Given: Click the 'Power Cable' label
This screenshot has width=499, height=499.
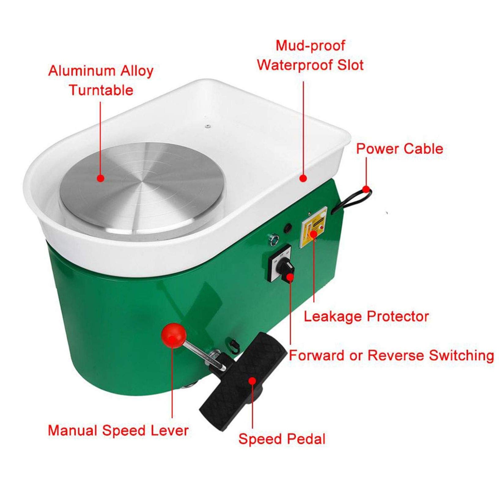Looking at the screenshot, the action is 400,149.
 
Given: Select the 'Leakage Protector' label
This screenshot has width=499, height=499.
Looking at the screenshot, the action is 366,316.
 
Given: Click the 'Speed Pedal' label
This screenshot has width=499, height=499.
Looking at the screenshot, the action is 282,439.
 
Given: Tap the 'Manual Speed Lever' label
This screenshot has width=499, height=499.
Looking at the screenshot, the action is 118,430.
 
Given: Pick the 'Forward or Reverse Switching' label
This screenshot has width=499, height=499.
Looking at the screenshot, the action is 392,355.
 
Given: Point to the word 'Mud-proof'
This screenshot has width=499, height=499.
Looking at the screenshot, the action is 310,46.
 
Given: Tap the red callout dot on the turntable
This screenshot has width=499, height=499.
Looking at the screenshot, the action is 101,178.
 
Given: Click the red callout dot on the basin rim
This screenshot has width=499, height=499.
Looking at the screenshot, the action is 303,178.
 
